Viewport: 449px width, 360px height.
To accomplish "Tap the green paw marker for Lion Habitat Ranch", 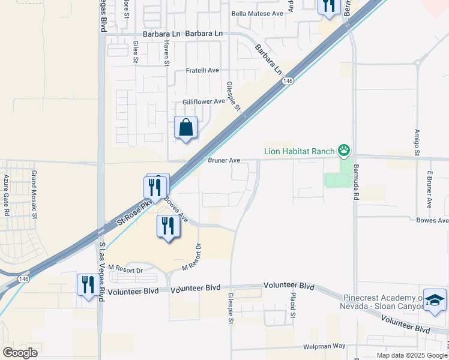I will pyautogui.click(x=344, y=150).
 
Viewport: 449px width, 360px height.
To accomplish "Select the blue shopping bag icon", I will pyautogui.click(x=185, y=128).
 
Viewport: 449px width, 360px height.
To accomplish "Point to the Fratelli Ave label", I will pyautogui.click(x=202, y=70).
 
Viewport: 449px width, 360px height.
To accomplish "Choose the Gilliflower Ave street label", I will pyautogui.click(x=204, y=101).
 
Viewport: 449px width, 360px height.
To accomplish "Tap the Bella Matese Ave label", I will pyautogui.click(x=261, y=13).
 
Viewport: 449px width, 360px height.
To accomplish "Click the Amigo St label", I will pyautogui.click(x=417, y=142).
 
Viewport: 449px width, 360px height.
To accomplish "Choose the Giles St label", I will pyautogui.click(x=136, y=52).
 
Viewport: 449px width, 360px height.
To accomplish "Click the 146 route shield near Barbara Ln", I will pyautogui.click(x=288, y=81).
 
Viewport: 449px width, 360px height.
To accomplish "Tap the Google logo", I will pyautogui.click(x=20, y=352).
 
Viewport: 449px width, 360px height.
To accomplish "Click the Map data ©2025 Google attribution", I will pyautogui.click(x=412, y=355).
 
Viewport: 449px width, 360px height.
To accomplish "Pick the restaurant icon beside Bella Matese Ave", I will pyautogui.click(x=328, y=6).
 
